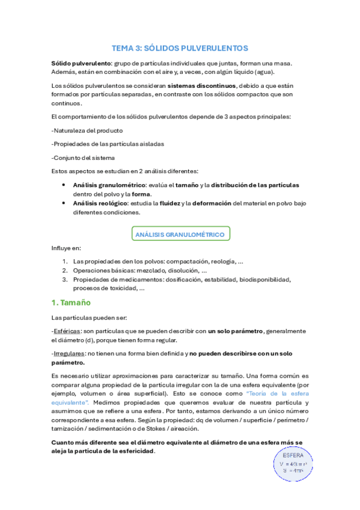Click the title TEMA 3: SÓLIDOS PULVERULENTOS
(180, 48)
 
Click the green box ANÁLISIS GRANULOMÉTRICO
(180, 234)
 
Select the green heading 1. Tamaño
(70, 303)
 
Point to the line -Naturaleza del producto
(88, 130)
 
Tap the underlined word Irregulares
(67, 354)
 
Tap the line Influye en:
(66, 247)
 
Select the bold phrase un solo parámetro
(236, 331)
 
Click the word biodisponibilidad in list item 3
(264, 280)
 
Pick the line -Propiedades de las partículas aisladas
(108, 144)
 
